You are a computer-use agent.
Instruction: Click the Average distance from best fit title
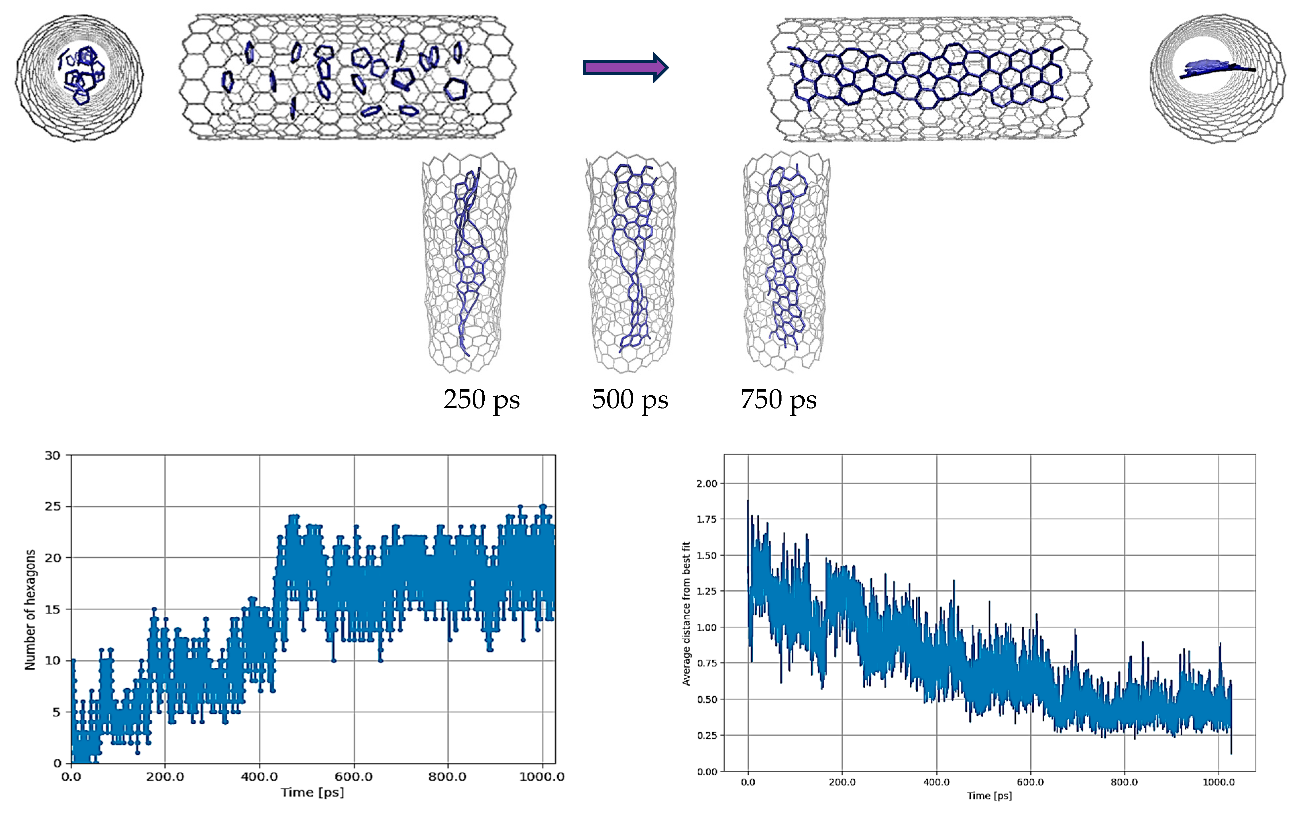(686, 613)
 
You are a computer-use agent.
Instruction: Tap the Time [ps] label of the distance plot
(989, 796)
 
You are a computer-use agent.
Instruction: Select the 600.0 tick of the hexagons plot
(353, 777)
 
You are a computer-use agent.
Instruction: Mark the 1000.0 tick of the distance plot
(1218, 782)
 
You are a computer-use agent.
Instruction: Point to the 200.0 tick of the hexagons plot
(165, 777)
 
